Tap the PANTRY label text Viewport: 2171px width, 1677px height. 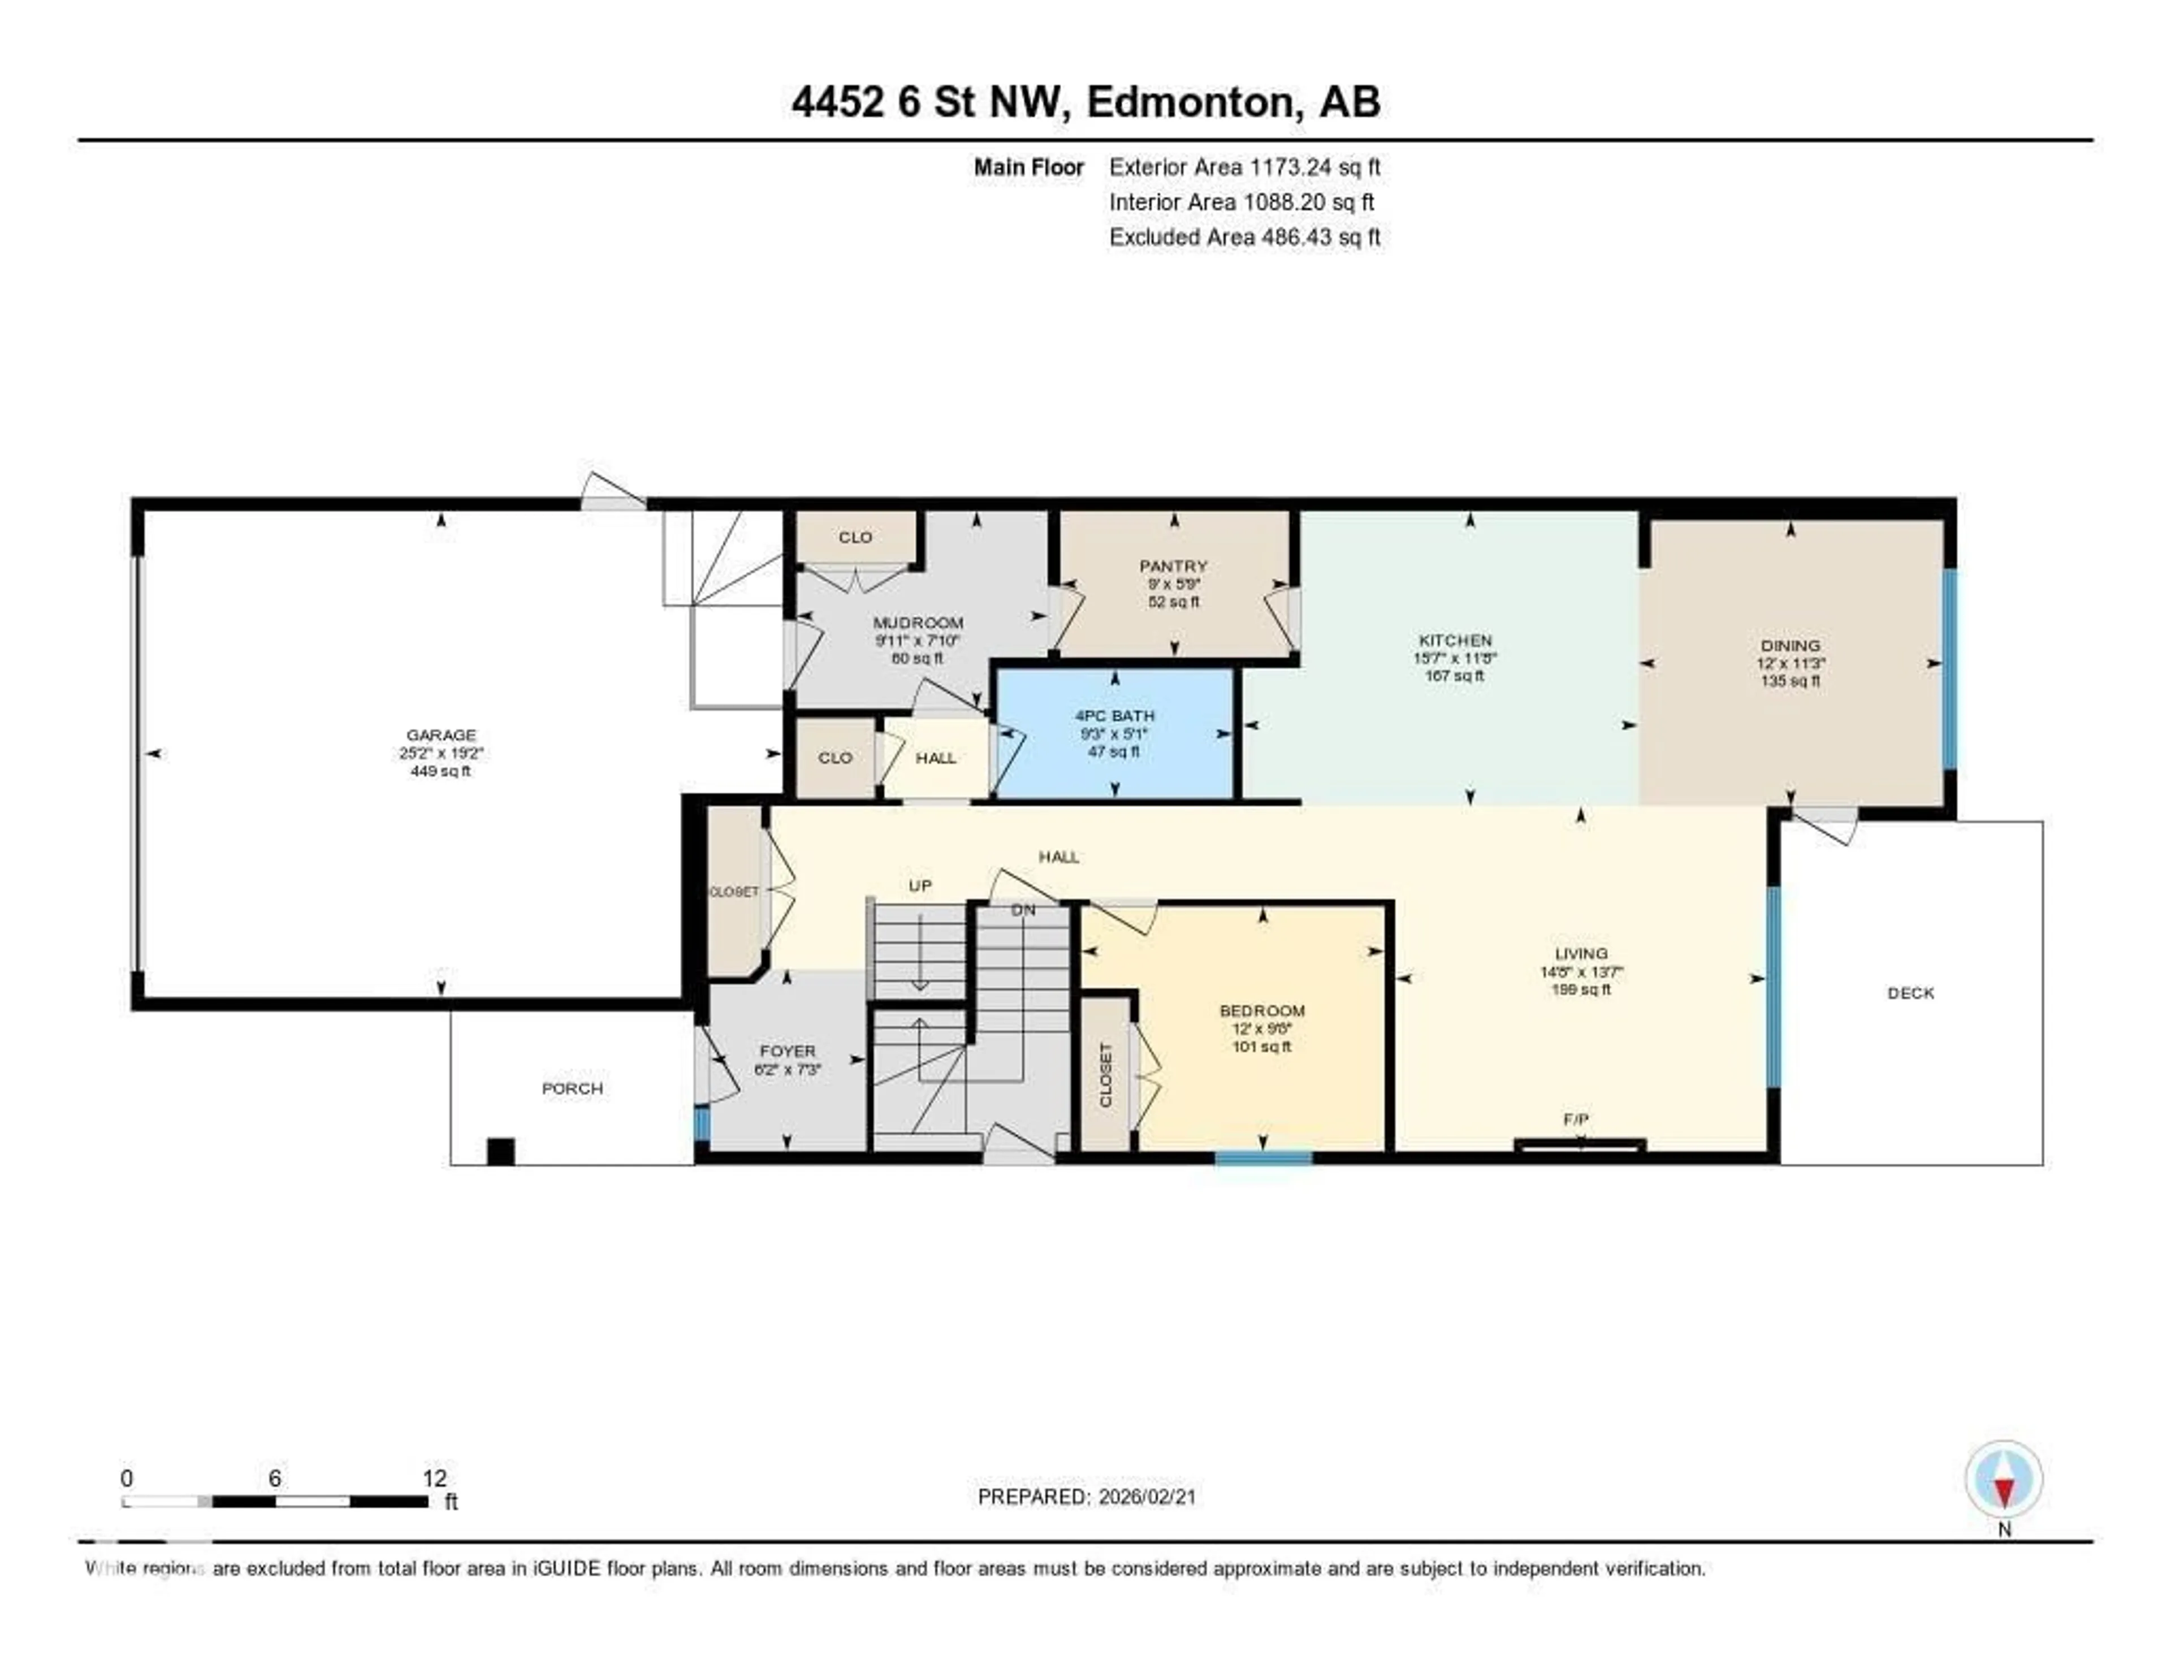[1173, 565]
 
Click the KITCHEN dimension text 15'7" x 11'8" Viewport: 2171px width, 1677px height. [1454, 658]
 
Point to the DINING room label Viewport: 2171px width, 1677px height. [1791, 645]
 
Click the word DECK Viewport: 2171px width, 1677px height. [1910, 992]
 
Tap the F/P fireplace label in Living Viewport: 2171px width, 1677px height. [1576, 1120]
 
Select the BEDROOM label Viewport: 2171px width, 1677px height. [1261, 1010]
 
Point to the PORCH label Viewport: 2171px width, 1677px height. [572, 1088]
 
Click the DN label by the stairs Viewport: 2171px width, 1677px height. [1023, 910]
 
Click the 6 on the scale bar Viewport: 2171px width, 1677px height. [274, 1478]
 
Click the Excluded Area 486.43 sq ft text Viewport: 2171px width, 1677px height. [1244, 236]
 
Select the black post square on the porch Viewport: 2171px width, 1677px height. [500, 1151]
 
